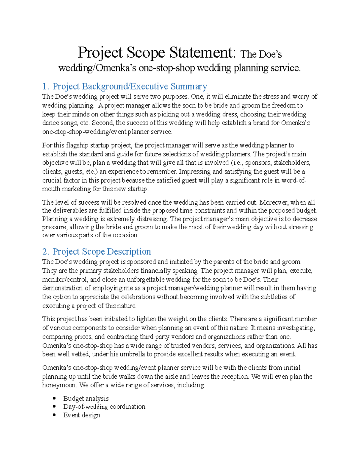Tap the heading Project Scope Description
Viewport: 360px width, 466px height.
pos(102,251)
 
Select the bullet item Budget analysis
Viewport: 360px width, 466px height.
pos(86,398)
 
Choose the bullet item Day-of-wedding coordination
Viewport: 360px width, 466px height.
pos(104,407)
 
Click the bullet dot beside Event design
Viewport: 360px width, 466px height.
pos(54,415)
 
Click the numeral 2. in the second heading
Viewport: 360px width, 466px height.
pos(45,251)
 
